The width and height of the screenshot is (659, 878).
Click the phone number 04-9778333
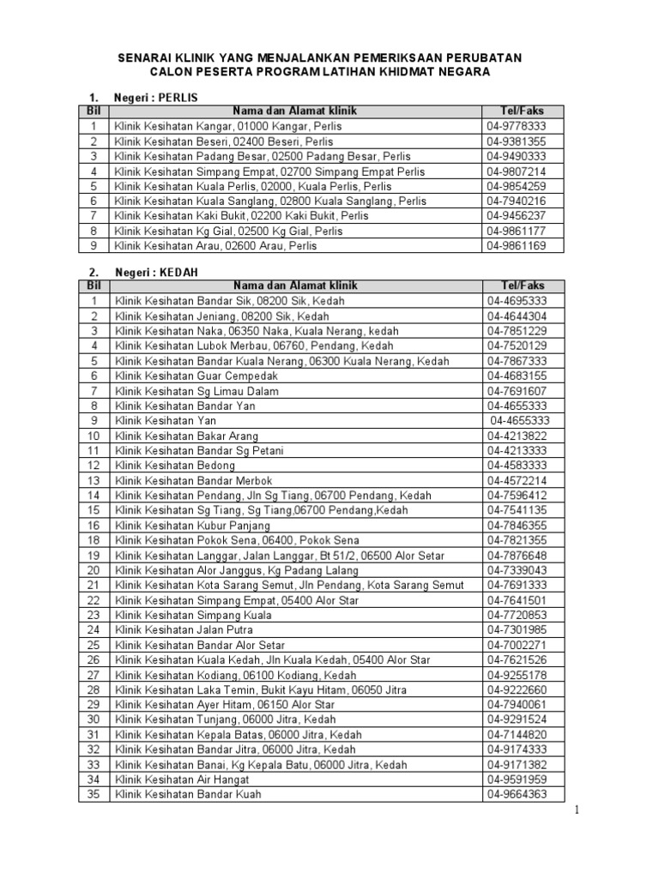pos(517,126)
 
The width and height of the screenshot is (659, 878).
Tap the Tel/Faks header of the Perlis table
pos(522,111)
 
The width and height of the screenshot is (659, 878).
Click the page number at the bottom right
pos(577,810)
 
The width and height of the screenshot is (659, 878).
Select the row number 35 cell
pos(94,795)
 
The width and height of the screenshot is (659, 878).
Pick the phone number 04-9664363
pos(517,795)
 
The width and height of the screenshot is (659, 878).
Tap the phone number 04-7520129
pos(517,346)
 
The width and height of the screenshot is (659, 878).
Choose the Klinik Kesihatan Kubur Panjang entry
pos(192,525)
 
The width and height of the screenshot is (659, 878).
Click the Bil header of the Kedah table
pos(94,286)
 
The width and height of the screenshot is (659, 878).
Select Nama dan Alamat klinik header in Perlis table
pos(294,111)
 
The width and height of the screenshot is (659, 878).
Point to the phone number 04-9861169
pos(517,246)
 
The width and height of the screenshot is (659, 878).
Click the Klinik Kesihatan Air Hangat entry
pos(182,779)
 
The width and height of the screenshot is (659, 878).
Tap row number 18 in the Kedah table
pos(94,540)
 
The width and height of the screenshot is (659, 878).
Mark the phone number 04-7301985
pos(517,629)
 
